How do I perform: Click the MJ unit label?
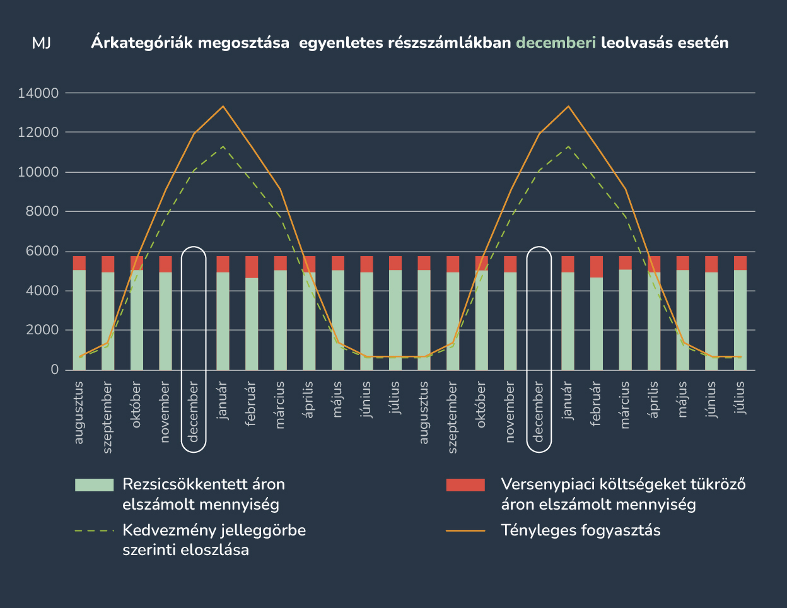coord(41,43)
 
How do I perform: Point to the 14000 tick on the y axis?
coord(38,93)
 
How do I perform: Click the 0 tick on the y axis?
coord(54,370)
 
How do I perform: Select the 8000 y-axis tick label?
coord(41,212)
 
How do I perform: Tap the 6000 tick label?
coord(41,251)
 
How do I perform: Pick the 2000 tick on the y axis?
coord(41,330)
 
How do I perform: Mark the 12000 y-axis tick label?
coord(38,133)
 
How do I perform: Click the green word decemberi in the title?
coord(556,43)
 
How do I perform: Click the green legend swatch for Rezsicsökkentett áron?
coord(94,484)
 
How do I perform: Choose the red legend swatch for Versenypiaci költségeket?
coord(465,484)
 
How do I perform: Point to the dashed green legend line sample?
coord(94,530)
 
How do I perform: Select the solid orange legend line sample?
coord(465,530)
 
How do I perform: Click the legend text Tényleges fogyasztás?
coord(581,530)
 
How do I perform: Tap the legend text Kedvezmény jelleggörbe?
coord(214,530)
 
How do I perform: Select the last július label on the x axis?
coord(740,397)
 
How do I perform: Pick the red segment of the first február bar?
coord(252,267)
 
